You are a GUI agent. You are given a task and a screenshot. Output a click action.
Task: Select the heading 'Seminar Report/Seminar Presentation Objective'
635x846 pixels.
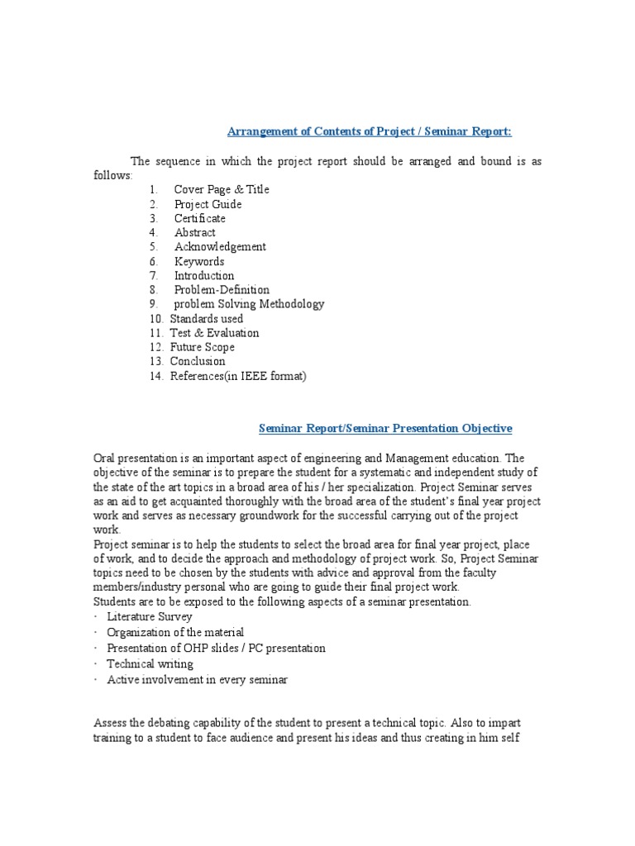[x=385, y=428]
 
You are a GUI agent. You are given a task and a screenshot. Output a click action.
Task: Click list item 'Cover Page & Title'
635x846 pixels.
[x=221, y=189]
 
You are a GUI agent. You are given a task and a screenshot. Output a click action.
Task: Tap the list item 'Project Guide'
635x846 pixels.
[x=208, y=204]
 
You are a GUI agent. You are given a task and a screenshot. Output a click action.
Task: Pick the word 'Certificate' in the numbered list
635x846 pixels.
[x=199, y=218]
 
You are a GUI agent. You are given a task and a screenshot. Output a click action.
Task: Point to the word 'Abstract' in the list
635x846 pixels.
[x=194, y=232]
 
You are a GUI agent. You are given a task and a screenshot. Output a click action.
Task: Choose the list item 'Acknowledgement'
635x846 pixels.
[x=220, y=246]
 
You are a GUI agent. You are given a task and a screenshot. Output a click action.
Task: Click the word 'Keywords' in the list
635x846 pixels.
[x=198, y=261]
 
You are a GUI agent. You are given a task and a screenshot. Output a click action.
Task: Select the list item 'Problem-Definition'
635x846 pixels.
[x=222, y=290]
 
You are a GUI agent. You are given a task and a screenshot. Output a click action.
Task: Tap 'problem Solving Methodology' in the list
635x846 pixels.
[x=249, y=304]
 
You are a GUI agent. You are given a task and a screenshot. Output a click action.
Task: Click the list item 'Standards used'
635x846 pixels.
[x=206, y=318]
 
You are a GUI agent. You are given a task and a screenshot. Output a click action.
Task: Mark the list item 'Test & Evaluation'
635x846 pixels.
[x=214, y=333]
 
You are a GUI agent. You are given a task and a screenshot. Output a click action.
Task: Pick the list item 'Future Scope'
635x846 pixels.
[x=202, y=347]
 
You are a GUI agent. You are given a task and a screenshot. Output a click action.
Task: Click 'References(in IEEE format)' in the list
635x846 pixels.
[x=238, y=376]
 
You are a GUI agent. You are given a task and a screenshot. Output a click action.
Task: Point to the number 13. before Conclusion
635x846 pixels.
[x=157, y=361]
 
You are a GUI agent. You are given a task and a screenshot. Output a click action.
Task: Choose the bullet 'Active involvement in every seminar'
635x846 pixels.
[x=197, y=679]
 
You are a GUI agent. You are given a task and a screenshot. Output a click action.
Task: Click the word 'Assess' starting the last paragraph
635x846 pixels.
[x=111, y=723]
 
